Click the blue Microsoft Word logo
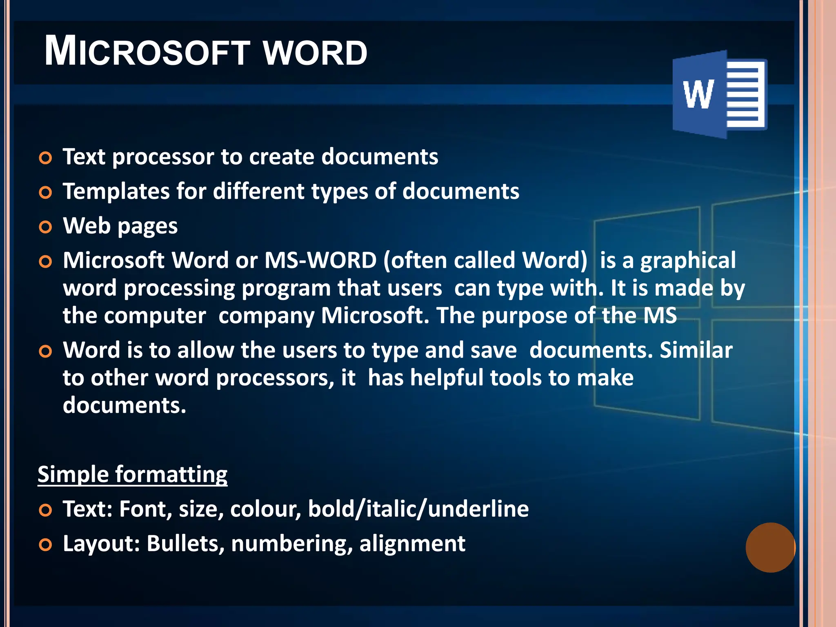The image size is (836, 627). pos(720,94)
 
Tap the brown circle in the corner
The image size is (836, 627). pos(770,547)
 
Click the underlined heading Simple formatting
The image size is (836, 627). pos(132,474)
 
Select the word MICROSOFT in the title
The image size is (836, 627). pos(147,52)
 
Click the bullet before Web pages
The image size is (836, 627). pos(45,227)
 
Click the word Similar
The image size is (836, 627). pos(696,350)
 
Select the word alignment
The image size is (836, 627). pos(412,544)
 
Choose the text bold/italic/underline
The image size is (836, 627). pos(418,509)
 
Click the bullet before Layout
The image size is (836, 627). pos(45,545)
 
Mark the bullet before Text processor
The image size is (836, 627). pos(45,158)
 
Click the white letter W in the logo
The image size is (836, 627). pos(698,94)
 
